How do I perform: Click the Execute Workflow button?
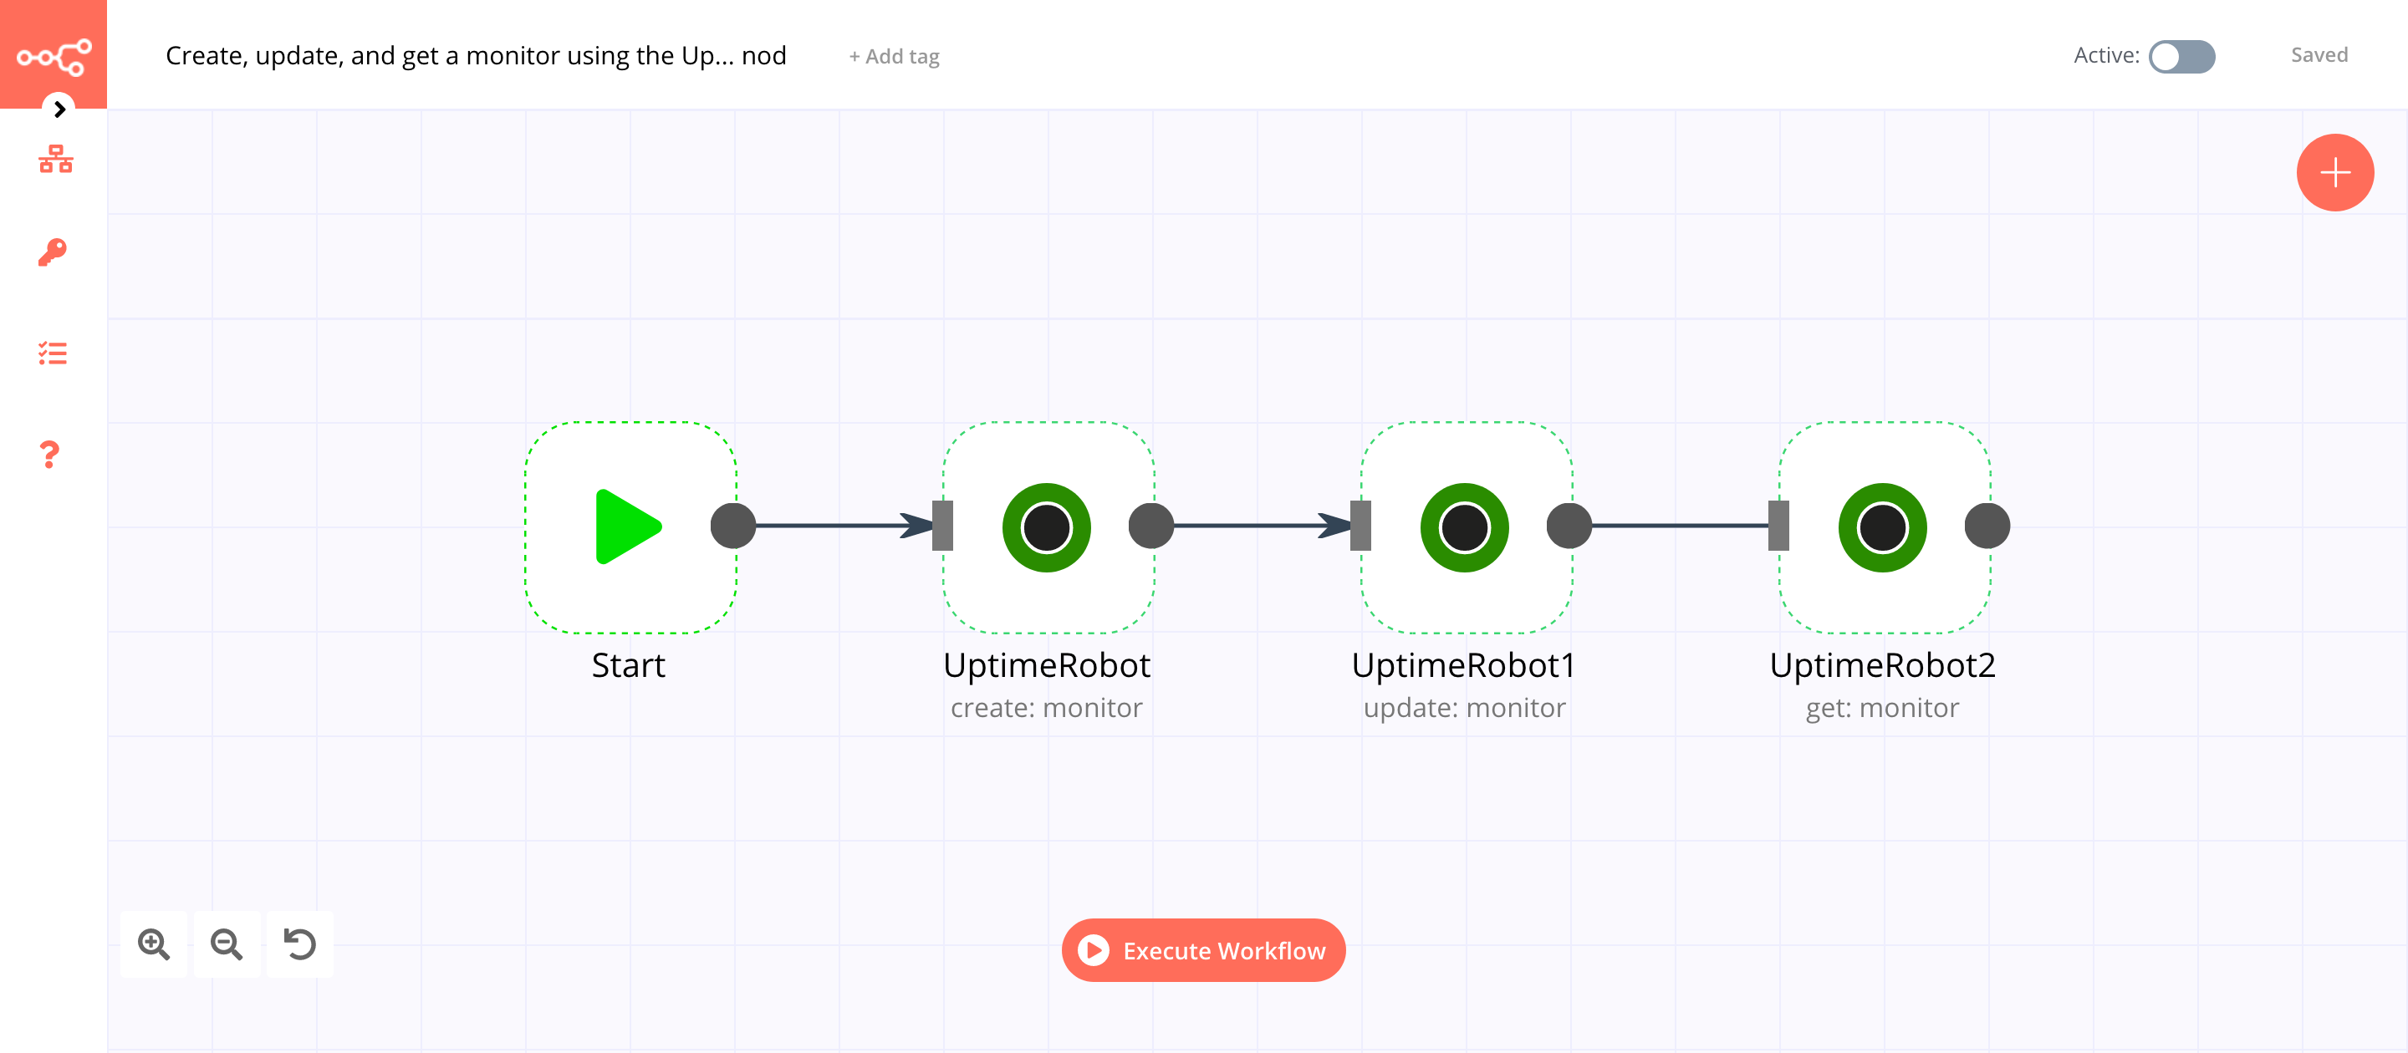[x=1203, y=950]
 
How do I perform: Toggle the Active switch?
[x=2181, y=56]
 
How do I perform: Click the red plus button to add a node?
[x=2334, y=173]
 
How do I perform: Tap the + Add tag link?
[x=894, y=57]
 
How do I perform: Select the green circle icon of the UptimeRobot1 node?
[x=1464, y=528]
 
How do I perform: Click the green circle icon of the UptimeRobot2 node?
[x=1882, y=528]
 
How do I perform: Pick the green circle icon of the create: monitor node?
[x=1046, y=528]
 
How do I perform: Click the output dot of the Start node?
[x=733, y=526]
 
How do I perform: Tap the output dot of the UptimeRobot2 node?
[x=1987, y=526]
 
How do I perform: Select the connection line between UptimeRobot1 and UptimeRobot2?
[x=1680, y=526]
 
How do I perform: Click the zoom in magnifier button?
[x=153, y=944]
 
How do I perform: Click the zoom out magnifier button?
[x=227, y=944]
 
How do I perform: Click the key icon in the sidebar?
[x=53, y=252]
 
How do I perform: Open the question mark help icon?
[x=49, y=455]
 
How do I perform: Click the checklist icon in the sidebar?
[x=53, y=354]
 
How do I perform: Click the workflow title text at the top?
[x=475, y=56]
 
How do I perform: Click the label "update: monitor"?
[x=1464, y=708]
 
